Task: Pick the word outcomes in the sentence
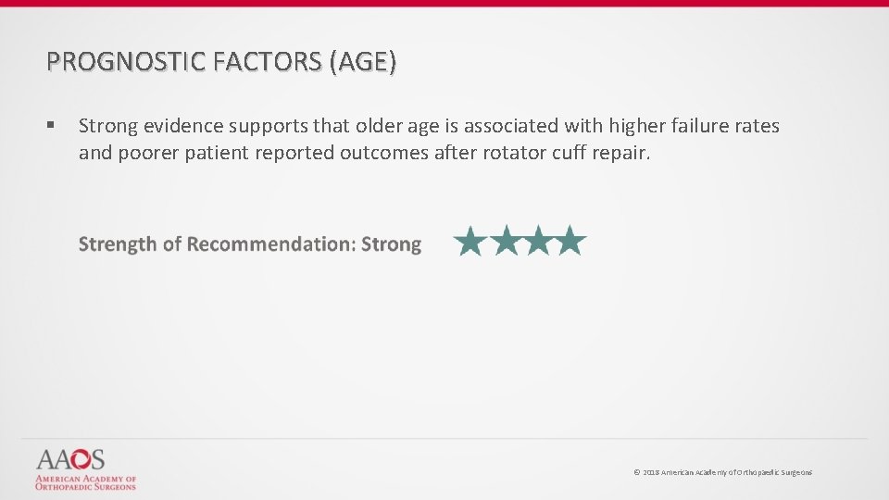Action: coord(384,152)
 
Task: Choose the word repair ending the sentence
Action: coord(622,152)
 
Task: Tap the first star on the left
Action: coord(470,242)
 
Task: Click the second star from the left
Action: coord(505,242)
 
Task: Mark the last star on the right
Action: coord(570,242)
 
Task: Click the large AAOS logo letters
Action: coord(70,459)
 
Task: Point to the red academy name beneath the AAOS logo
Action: coord(85,482)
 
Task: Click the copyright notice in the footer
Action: coord(722,473)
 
